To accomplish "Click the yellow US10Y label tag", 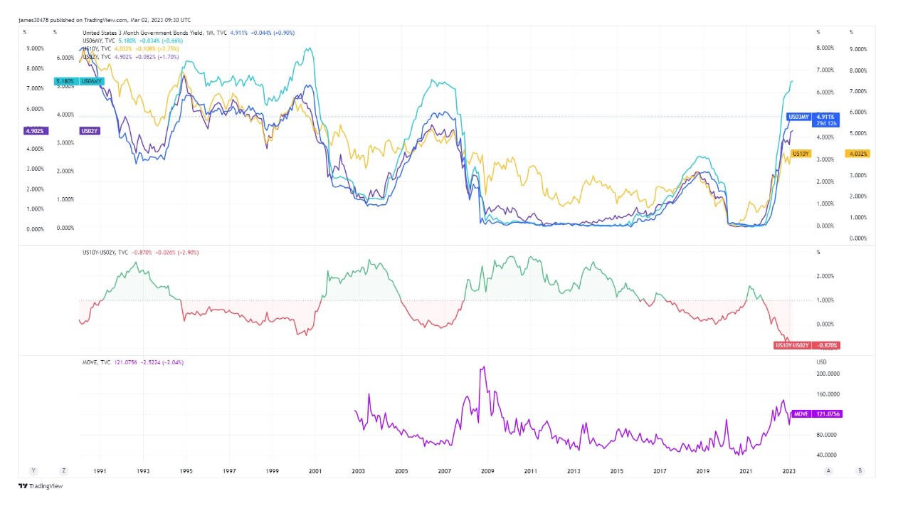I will pos(801,154).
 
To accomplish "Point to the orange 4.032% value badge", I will pos(857,154).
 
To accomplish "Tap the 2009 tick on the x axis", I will pos(487,471).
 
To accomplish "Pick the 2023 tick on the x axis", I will pos(789,471).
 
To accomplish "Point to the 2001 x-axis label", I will pos(315,471).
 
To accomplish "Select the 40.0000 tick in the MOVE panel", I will pos(826,455).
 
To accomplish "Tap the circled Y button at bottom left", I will pos(33,470).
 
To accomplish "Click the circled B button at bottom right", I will pos(860,470).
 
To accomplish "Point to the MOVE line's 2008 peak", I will pos(484,367).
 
